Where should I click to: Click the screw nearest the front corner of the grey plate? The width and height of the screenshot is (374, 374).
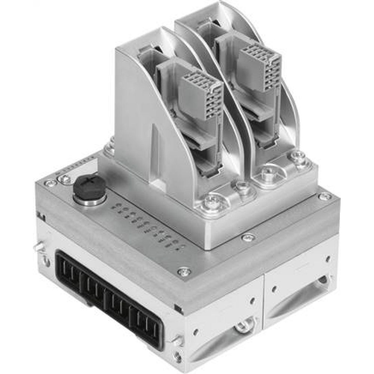(x=183, y=272)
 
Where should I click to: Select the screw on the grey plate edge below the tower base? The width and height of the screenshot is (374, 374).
(x=247, y=237)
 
